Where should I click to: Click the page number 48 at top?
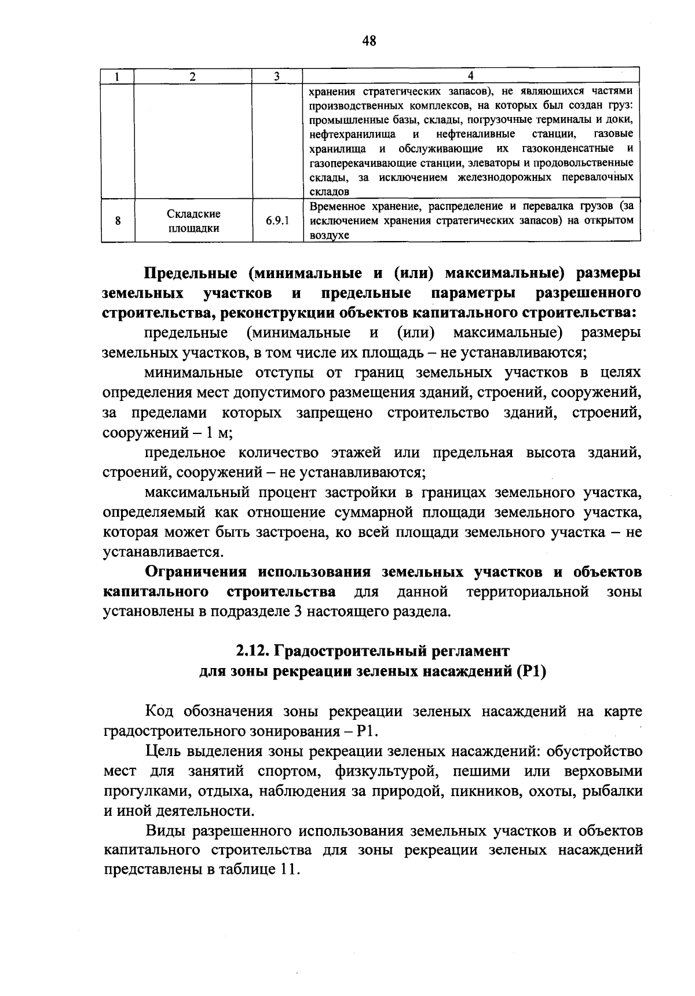369,41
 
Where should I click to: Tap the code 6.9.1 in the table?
278,221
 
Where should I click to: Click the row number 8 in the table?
118,221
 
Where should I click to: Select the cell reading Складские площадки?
193,221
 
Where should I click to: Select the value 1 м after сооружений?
221,433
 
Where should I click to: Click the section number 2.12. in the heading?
253,651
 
